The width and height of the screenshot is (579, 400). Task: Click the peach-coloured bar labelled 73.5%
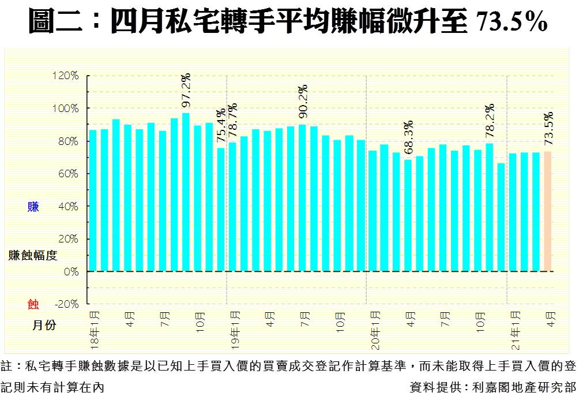(x=548, y=211)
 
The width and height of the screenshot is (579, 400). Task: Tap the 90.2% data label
(x=303, y=100)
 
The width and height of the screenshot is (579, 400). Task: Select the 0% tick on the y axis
(x=72, y=271)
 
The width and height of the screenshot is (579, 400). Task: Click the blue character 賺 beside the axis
(x=33, y=207)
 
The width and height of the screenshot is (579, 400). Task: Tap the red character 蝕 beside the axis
(x=33, y=304)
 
